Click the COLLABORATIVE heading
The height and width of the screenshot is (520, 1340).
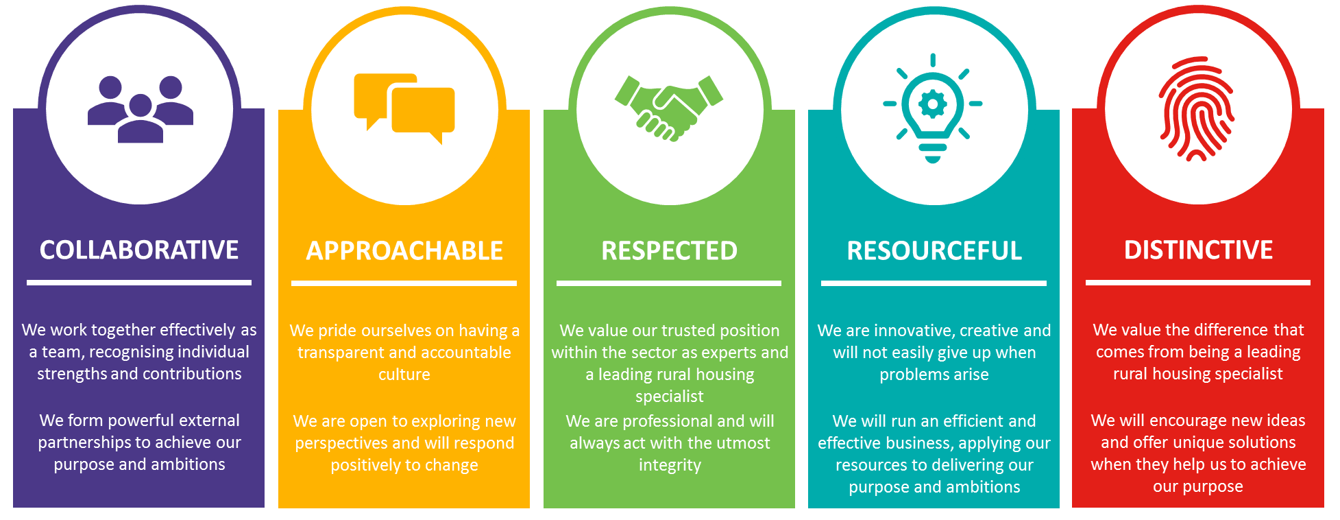139,250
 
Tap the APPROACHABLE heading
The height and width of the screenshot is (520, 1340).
404,251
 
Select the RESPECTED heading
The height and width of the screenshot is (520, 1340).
669,251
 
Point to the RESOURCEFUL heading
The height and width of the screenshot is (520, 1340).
934,251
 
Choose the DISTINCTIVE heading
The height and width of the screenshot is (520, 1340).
1198,250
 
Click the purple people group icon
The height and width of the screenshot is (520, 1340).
141,109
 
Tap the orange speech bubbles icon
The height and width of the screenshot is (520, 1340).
404,108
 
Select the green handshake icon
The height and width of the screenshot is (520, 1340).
669,108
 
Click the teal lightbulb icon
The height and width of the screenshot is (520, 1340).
933,108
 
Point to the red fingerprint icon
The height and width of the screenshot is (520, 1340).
1197,108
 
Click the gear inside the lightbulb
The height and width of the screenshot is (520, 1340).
933,105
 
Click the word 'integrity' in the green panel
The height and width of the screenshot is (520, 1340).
670,466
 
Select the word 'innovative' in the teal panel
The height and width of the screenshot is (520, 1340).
914,331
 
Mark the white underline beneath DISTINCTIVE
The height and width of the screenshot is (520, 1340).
1198,283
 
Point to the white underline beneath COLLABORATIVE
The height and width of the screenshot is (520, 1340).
139,283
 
